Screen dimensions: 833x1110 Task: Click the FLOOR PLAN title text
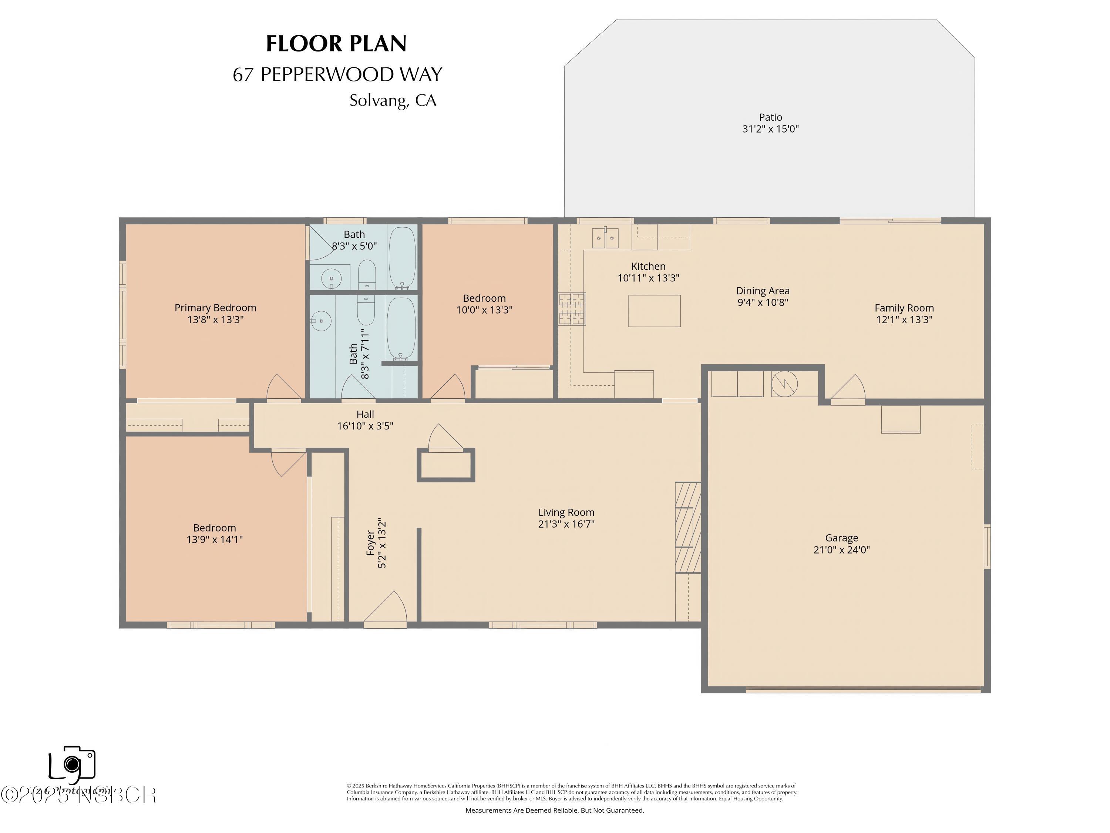pos(336,44)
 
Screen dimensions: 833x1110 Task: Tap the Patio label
pos(770,117)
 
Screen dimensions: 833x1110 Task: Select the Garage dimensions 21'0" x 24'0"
pos(841,550)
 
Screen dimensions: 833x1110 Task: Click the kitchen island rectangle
pos(655,311)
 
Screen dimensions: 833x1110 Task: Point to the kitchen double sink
pos(605,238)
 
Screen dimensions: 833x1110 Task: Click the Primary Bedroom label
pos(215,308)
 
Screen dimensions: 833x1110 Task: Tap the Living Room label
pos(566,512)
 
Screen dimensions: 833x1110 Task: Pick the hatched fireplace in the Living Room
pos(687,527)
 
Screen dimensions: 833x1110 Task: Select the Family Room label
pos(904,308)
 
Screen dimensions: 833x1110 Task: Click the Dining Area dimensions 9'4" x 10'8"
pos(763,302)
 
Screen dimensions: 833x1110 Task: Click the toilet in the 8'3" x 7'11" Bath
pos(366,310)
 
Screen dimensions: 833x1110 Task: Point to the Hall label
pos(365,414)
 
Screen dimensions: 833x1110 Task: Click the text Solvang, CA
pos(393,100)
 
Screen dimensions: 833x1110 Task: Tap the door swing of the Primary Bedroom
pos(283,388)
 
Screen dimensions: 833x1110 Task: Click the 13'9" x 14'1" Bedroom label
pos(214,528)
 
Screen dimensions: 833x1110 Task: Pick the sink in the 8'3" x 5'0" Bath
pos(331,278)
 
